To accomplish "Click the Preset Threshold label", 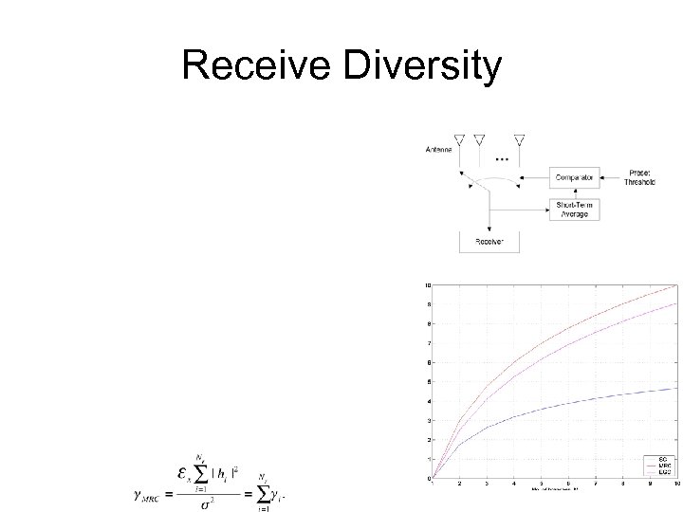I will point(639,177).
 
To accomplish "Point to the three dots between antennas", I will point(500,157).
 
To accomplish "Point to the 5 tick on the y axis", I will point(428,381).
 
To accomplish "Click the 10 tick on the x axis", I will point(676,484).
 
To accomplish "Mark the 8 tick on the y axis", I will point(428,323).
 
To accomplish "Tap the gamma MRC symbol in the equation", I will point(148,494).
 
